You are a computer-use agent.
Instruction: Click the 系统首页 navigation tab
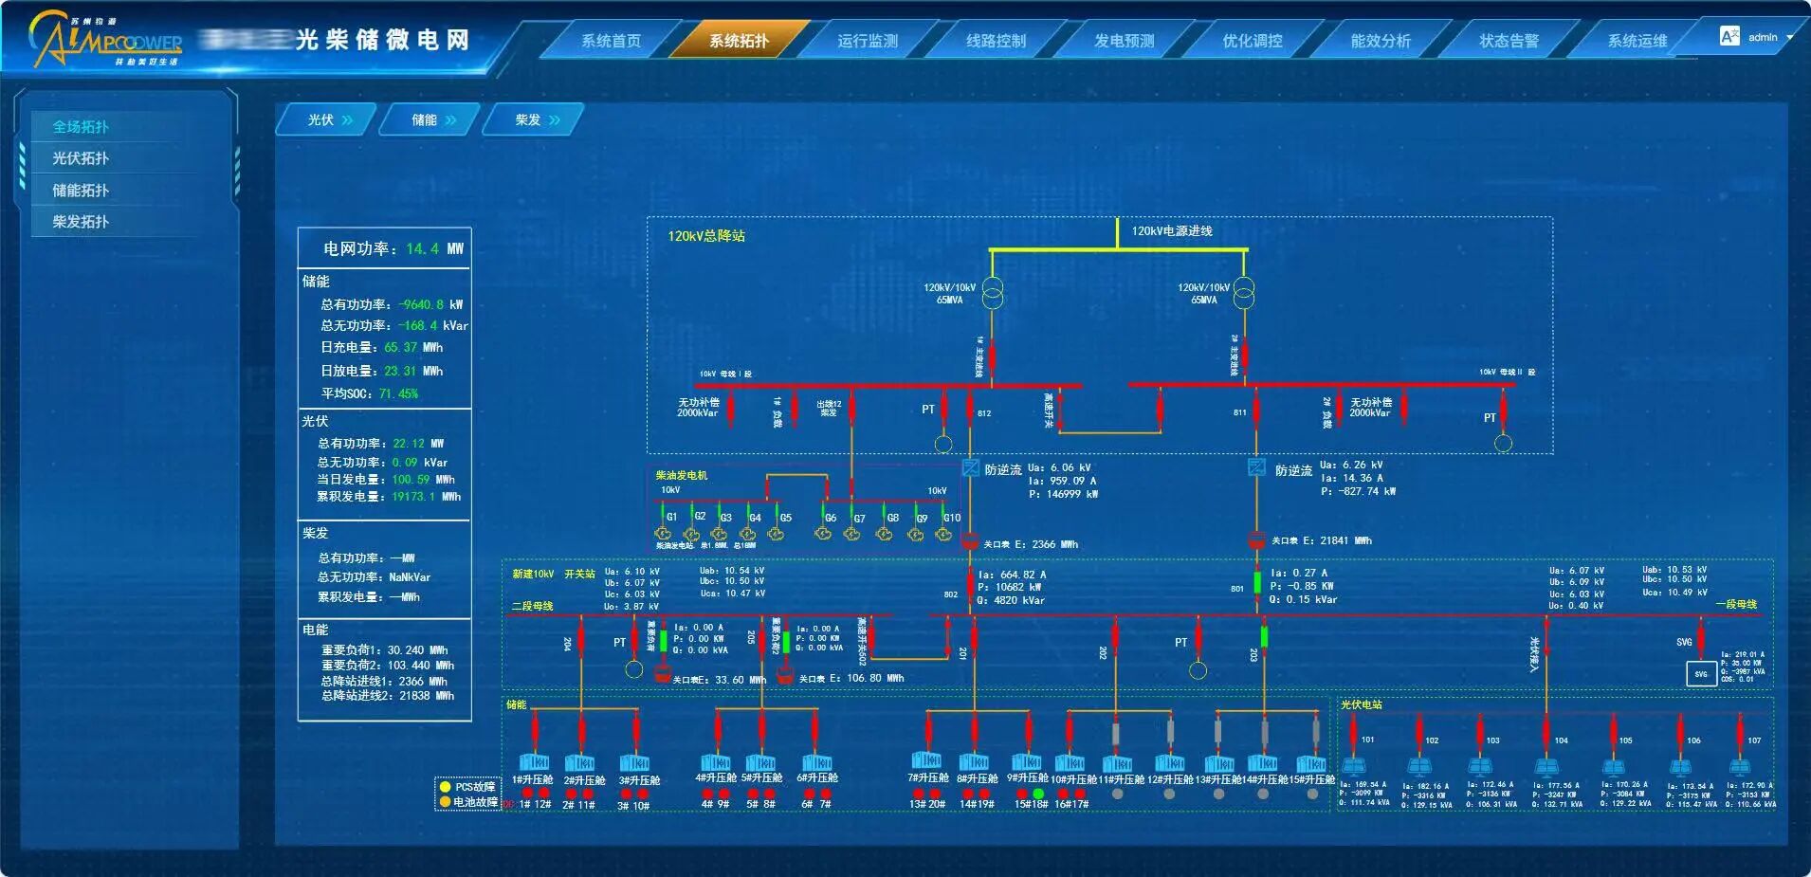pos(611,41)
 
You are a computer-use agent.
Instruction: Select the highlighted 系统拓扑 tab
pos(739,41)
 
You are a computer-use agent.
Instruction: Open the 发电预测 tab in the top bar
pos(1124,41)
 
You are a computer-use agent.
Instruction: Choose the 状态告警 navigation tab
pos(1509,41)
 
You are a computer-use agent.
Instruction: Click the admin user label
pos(1763,38)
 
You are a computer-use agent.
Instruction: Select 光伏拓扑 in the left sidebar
pos(81,158)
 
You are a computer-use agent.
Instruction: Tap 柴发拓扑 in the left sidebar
pos(81,222)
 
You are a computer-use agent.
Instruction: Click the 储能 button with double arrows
pos(432,120)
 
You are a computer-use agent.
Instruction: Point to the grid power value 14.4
pos(422,248)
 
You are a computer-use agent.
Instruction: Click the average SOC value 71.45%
pos(398,393)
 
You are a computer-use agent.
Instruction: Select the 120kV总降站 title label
pos(706,236)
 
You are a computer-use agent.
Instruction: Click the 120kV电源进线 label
pos(1172,231)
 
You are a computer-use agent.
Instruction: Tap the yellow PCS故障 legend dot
pos(445,787)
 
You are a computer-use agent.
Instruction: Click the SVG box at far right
pos(1701,674)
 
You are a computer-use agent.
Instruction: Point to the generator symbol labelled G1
pos(663,534)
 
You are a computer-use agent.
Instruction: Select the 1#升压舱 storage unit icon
pos(533,762)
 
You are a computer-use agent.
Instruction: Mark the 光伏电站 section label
pos(1361,705)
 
